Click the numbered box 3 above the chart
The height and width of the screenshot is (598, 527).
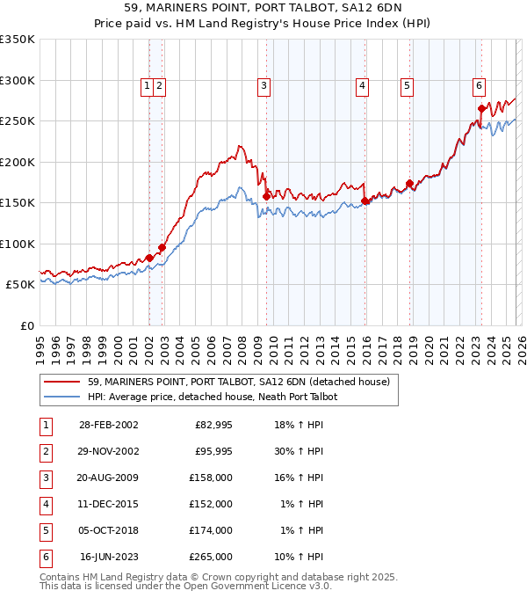(x=263, y=86)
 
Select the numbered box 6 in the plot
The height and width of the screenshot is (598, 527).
(x=479, y=86)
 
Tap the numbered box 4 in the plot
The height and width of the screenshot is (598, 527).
(x=362, y=86)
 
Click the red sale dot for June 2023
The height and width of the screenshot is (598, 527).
(x=481, y=109)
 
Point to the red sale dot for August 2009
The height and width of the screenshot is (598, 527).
(x=266, y=196)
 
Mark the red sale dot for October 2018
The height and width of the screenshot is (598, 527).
(x=409, y=184)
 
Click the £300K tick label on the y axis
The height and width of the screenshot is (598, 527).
(x=18, y=80)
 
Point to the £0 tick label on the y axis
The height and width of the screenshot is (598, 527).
(x=26, y=325)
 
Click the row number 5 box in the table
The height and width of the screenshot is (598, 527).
(x=44, y=530)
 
